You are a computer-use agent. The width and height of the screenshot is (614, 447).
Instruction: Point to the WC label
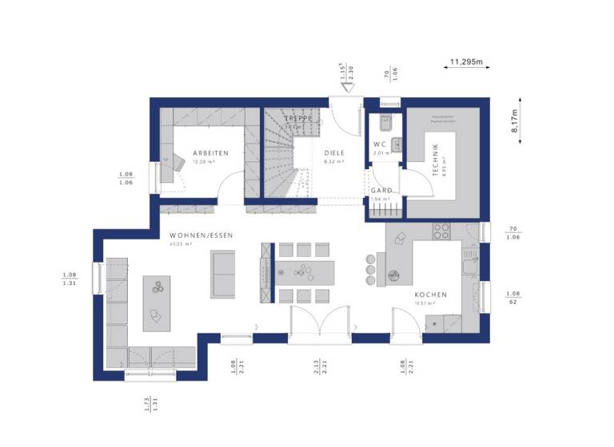click(380, 144)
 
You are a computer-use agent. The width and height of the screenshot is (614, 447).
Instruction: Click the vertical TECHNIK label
click(435, 157)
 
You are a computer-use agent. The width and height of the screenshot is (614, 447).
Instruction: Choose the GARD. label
click(381, 191)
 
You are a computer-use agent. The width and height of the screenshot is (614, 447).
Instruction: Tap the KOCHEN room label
click(431, 295)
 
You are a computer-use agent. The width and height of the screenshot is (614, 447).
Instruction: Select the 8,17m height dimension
click(514, 123)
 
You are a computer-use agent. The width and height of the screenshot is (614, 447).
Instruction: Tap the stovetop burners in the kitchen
click(441, 231)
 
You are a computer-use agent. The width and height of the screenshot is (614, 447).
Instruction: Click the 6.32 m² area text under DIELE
click(334, 161)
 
